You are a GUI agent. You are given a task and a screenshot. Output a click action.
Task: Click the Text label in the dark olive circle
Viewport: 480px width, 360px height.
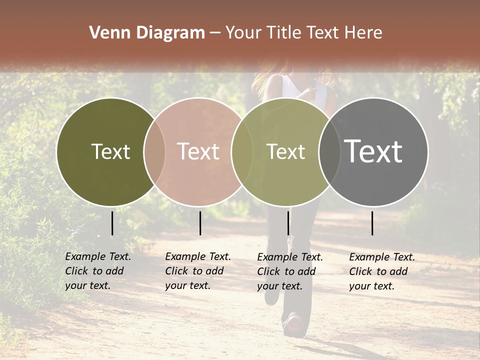(x=110, y=151)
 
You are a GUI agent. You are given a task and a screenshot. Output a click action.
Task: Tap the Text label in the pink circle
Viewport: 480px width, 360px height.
(x=198, y=151)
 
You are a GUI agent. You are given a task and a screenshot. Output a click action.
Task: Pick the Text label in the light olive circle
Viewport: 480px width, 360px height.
(x=285, y=151)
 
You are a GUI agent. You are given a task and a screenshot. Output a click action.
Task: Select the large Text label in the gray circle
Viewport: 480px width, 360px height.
(x=373, y=151)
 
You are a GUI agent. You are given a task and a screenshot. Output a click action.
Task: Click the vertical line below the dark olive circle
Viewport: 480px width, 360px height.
(x=112, y=223)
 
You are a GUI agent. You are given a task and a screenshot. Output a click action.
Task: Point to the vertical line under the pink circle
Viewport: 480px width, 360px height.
(x=200, y=223)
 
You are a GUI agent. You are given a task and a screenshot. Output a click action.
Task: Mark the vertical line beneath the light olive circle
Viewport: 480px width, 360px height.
(x=288, y=223)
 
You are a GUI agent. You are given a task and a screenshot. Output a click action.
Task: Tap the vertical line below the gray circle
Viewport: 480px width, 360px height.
(x=372, y=223)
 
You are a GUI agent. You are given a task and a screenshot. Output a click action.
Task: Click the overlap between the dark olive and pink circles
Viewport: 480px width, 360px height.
(x=154, y=151)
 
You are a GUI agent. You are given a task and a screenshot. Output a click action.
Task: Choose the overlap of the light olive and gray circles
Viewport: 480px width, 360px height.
(x=329, y=151)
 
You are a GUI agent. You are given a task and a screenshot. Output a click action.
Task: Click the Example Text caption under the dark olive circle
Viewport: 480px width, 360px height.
(x=97, y=271)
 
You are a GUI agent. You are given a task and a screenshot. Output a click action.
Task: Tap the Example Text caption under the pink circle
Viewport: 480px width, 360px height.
(x=197, y=271)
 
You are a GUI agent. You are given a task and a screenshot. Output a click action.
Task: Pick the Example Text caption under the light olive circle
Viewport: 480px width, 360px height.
(x=289, y=271)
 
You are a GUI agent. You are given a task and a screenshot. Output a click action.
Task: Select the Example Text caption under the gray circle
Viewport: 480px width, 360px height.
(x=381, y=271)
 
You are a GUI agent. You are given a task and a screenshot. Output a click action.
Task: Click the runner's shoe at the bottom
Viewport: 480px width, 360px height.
(x=294, y=325)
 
